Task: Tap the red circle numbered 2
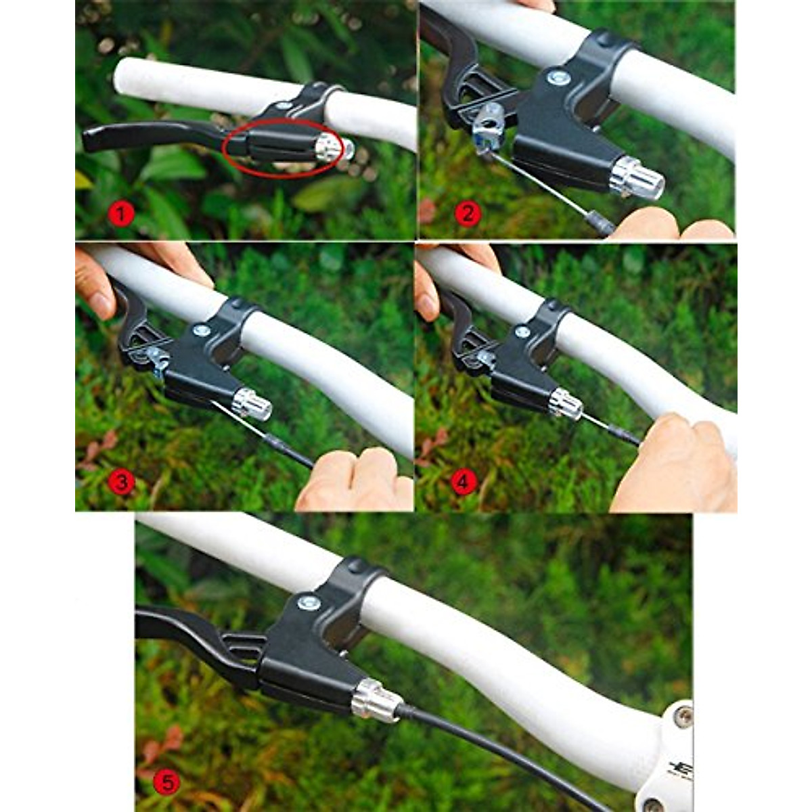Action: pos(468,215)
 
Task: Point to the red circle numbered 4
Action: pos(464,482)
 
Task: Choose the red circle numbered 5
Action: pos(166,783)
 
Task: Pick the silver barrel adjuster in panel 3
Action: pos(252,404)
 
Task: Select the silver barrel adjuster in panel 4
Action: pos(566,404)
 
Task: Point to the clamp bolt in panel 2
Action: pos(558,78)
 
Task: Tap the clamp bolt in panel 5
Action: pos(309,602)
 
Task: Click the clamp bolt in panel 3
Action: pos(200,330)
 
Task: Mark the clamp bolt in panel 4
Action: pos(522,332)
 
